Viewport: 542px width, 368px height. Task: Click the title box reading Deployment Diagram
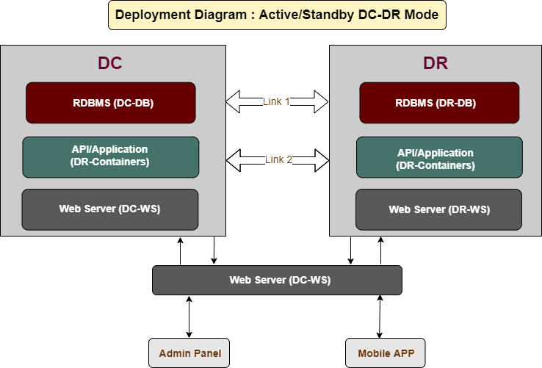pos(277,15)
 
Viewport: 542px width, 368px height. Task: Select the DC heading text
pos(110,63)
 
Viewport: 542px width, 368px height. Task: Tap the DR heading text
pos(436,63)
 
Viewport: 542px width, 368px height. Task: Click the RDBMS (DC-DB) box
pos(111,103)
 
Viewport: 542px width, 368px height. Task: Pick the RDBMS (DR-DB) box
pos(439,103)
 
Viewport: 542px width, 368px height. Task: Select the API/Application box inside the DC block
pos(111,157)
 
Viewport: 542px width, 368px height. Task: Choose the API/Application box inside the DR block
pos(439,157)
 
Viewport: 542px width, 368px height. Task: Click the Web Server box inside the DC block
pos(110,209)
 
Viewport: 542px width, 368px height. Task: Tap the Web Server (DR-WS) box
pos(438,209)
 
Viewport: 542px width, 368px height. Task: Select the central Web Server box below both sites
pos(277,280)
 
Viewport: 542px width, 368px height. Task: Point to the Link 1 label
pos(276,101)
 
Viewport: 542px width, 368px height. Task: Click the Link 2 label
pos(278,159)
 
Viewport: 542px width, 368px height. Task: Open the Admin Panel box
pos(189,353)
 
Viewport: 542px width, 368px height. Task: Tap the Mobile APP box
pos(386,353)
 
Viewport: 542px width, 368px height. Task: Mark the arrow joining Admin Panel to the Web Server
pos(189,317)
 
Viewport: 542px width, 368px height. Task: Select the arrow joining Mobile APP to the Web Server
pos(380,317)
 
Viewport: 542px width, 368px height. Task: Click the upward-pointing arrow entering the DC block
pos(180,251)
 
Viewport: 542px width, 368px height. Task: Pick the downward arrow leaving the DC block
pos(214,250)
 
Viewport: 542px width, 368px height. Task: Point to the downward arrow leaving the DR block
pos(351,250)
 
